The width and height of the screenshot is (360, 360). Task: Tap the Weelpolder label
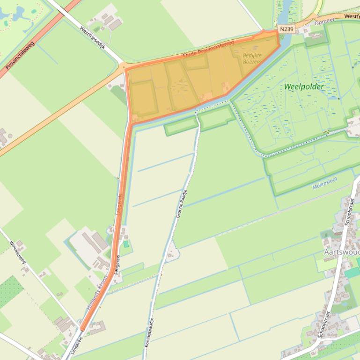pos(304,86)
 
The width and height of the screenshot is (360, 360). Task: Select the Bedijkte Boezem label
pos(252,58)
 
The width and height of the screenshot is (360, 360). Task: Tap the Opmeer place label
pos(325,22)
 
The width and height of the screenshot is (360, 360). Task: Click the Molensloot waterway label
pos(324,186)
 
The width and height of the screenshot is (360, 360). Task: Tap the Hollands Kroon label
pos(97,292)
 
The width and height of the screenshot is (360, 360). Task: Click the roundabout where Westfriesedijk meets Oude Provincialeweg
pos(124,67)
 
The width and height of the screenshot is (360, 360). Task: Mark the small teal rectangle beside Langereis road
pos(125,244)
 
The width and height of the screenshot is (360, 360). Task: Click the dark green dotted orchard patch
pos(10,291)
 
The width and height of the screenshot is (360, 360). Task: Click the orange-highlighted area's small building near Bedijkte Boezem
pos(226,87)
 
